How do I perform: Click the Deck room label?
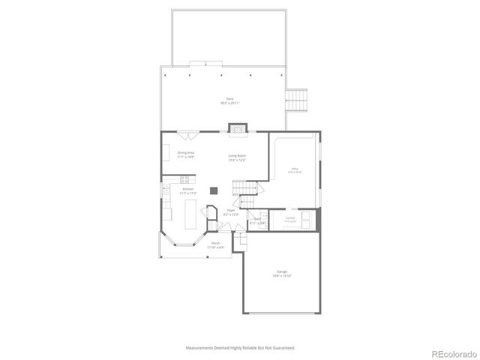(x=230, y=100)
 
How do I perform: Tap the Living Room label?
(x=237, y=157)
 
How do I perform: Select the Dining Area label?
(x=185, y=154)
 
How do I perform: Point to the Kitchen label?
(x=187, y=190)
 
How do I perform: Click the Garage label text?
(x=282, y=273)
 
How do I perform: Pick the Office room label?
(x=295, y=172)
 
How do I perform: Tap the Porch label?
(x=215, y=244)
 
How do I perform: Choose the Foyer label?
(x=231, y=213)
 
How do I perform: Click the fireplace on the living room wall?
(x=238, y=128)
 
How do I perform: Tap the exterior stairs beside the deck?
(x=298, y=100)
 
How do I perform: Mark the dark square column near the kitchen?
(x=214, y=190)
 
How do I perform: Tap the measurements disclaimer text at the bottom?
(x=240, y=348)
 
